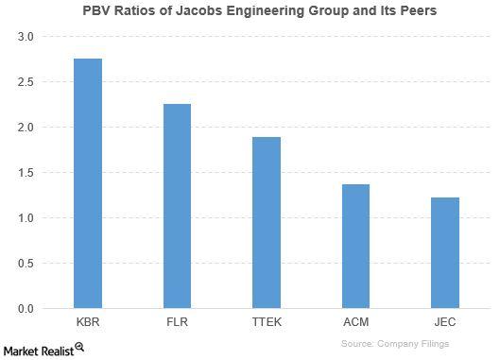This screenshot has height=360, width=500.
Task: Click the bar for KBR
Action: coord(87,183)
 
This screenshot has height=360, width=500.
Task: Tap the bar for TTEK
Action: coord(267,223)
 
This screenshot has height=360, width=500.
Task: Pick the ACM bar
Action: coord(355,247)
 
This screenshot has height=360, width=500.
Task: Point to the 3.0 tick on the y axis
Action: coord(25,37)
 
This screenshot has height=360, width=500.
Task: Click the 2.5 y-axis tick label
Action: coord(25,82)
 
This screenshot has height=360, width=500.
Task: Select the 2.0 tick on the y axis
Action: coord(25,128)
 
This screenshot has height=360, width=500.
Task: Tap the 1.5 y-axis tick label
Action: coord(25,173)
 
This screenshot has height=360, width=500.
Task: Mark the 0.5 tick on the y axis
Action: coord(25,264)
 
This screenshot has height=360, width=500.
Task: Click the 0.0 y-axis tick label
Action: coord(25,309)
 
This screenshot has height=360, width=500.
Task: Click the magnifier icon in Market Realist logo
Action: coord(79,347)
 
